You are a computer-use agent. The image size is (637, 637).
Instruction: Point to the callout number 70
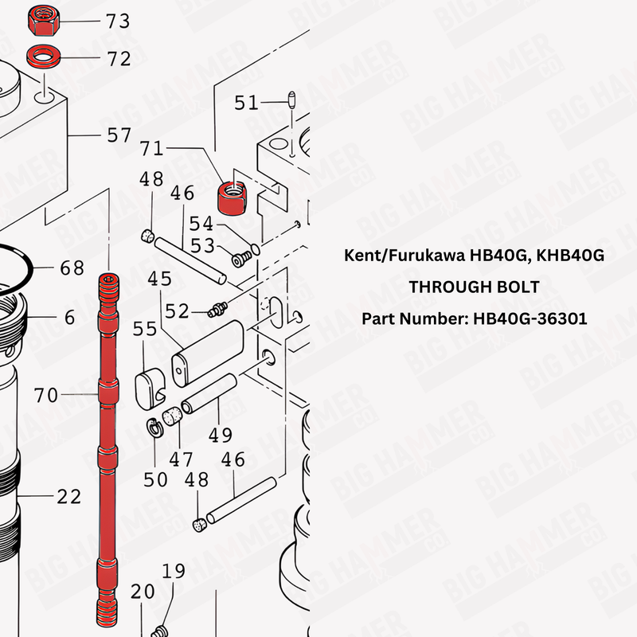click(46, 394)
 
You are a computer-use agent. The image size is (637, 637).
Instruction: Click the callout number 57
click(119, 135)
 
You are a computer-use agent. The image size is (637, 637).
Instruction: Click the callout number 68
click(72, 268)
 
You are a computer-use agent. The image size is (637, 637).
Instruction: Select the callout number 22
click(68, 496)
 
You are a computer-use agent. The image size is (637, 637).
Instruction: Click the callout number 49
click(221, 435)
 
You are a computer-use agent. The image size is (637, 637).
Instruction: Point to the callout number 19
click(174, 571)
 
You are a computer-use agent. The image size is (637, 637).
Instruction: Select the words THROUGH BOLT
click(474, 287)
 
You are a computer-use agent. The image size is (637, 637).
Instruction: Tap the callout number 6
click(69, 318)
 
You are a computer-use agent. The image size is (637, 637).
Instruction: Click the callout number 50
click(155, 479)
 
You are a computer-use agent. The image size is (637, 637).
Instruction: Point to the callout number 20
click(143, 592)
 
